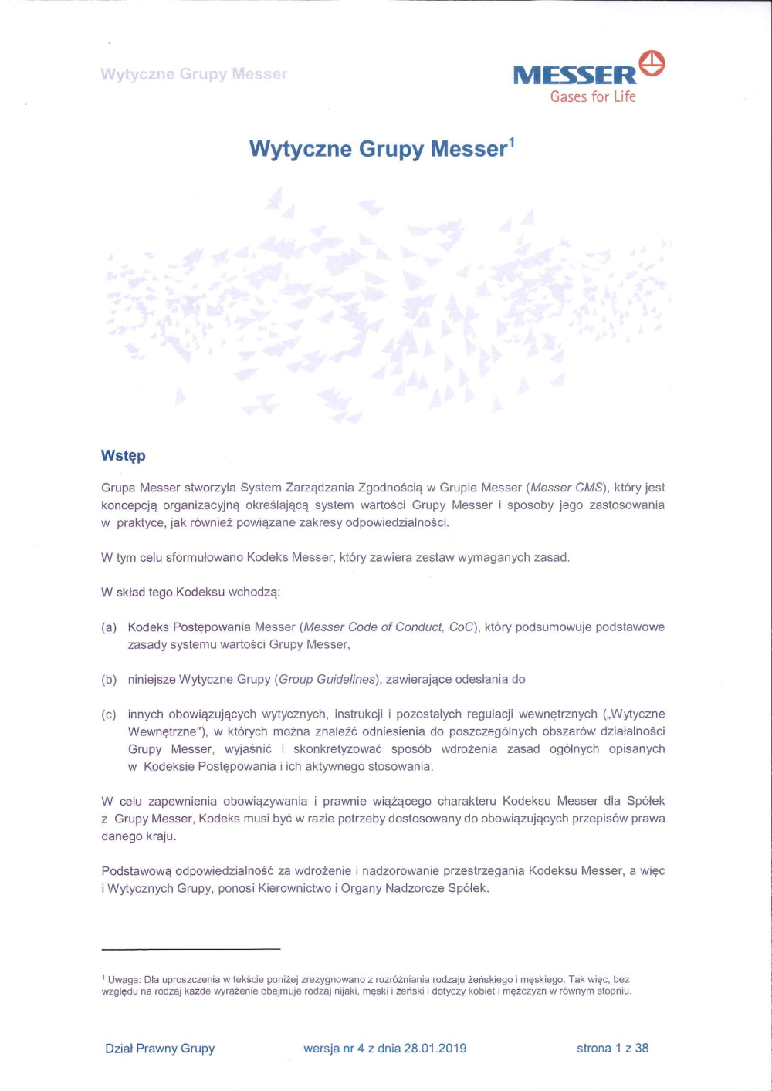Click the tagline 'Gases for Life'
(593, 96)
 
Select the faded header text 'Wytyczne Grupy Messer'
(194, 74)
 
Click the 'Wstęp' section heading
(123, 455)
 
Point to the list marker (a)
(109, 627)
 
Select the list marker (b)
(109, 680)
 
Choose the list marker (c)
(109, 714)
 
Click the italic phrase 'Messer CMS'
(567, 488)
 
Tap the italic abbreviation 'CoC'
(461, 627)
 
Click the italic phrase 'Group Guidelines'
(327, 680)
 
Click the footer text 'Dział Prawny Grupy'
(160, 1048)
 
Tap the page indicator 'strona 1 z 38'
(612, 1048)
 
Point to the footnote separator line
(191, 949)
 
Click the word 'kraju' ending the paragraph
(160, 836)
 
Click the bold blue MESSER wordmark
(574, 76)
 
